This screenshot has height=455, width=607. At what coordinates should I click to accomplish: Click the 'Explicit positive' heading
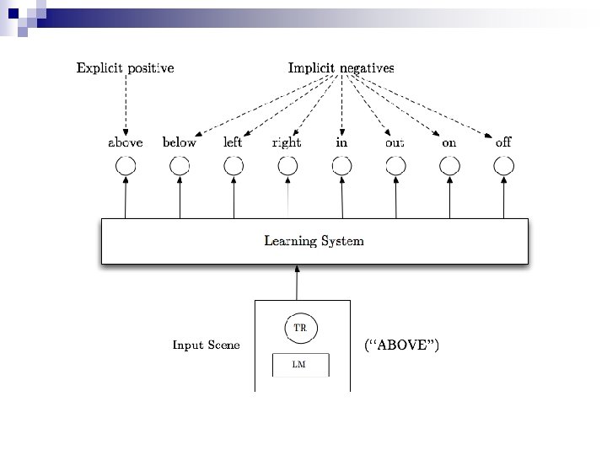pos(126,67)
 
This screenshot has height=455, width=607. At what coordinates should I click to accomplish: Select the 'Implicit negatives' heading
pos(341,67)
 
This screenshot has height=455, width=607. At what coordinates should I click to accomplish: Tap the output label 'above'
pos(126,142)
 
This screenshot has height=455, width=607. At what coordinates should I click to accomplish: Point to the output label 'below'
pos(180,142)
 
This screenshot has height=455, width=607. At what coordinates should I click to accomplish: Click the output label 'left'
pos(233,142)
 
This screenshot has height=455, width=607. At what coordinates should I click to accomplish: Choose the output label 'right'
pos(287,142)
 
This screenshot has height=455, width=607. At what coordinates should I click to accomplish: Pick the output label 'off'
pos(503,142)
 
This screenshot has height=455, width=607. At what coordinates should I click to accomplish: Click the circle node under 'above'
pos(126,166)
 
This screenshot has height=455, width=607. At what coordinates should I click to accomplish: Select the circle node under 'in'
pos(341,166)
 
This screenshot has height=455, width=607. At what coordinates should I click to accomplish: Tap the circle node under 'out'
pos(395,166)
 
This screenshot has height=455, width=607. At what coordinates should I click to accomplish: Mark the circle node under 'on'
pos(449,166)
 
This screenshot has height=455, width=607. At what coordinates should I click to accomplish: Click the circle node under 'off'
pos(503,166)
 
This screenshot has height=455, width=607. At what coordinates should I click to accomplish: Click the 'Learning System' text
pos(314,241)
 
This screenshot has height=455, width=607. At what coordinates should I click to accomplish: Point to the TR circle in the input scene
pos(298,329)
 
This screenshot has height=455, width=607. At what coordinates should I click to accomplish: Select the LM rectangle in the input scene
pos(298,365)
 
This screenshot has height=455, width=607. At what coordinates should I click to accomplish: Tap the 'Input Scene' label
pos(206,345)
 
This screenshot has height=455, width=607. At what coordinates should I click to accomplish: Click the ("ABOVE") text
pos(401,345)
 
